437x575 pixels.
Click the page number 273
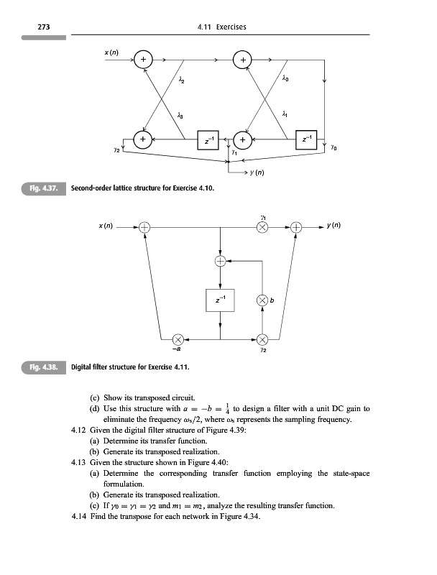[32, 27]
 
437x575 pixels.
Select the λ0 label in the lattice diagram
[285, 80]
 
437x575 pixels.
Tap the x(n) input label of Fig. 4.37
[114, 54]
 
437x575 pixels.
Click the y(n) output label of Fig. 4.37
[258, 173]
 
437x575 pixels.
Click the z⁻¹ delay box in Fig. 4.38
[221, 300]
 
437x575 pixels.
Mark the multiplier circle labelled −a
[178, 339]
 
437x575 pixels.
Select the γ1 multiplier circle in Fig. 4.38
[263, 227]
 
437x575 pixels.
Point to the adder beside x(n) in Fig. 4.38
[145, 227]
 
